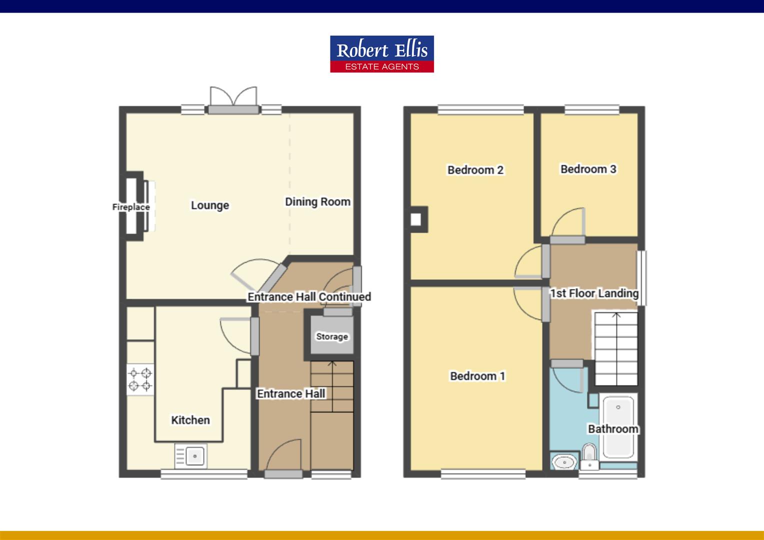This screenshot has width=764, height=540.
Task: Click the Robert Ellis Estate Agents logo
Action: [382, 54]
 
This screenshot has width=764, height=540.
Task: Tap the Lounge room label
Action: [210, 205]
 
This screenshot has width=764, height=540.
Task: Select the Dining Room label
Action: [317, 202]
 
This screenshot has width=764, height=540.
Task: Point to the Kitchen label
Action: [190, 420]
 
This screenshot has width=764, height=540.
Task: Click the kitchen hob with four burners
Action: [140, 379]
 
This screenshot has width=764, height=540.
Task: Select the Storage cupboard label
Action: [332, 336]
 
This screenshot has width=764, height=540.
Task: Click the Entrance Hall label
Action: [291, 394]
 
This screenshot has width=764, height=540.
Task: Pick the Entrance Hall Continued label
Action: [309, 297]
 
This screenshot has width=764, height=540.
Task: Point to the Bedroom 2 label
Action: [475, 170]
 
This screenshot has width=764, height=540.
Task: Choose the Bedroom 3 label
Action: [588, 169]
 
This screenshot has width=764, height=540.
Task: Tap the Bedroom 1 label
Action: [477, 376]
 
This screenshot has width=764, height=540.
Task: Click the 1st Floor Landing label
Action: [594, 293]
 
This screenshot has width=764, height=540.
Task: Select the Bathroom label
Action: [613, 429]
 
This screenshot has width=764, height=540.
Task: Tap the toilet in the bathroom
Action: [590, 457]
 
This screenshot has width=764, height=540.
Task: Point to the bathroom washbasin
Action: [564, 461]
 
